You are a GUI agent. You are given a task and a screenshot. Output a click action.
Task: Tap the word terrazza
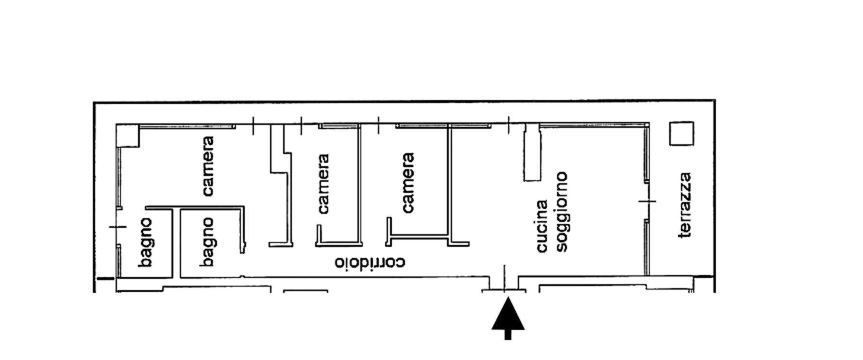coord(684,205)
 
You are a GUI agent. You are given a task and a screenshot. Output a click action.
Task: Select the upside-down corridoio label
coord(370,263)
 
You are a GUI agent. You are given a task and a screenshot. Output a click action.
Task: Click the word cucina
coord(542,226)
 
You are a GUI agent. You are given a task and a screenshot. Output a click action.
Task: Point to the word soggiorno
coord(562,211)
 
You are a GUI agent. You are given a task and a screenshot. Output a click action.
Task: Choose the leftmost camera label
coord(208,166)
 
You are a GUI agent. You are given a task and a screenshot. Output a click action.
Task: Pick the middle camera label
coord(323,184)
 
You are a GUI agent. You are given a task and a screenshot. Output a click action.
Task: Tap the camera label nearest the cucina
coord(408,183)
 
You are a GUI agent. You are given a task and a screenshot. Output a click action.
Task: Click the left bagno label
coord(145,242)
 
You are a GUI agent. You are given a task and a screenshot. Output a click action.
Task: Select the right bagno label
coord(207,242)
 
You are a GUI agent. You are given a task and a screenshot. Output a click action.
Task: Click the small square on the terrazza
coord(681,134)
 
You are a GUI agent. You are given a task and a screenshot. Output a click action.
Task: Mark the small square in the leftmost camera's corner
coord(128,136)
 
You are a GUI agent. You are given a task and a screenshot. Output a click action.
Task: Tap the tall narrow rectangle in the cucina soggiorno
coord(532,152)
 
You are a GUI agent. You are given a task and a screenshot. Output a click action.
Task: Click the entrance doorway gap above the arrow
coord(504,282)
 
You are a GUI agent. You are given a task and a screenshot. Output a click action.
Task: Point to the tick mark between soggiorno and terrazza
coord(647,201)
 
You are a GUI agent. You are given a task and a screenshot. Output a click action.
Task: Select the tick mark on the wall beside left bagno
coord(118,227)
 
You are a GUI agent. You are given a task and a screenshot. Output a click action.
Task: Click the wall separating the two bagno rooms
coord(176,243)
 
